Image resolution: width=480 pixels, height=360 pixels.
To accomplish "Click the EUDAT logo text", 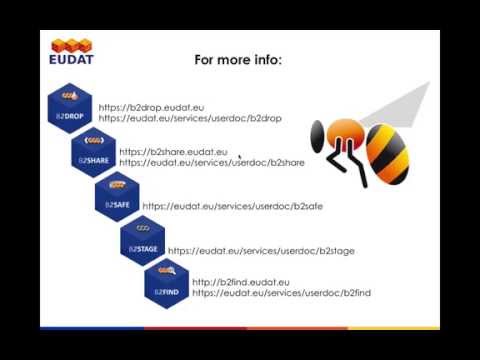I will pos(71,58).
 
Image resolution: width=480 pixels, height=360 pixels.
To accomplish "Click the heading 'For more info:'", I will pos(238,60).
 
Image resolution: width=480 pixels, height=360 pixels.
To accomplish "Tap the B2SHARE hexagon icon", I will pos(94,150).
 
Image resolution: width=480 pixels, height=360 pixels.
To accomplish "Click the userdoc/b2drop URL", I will pos(190,118).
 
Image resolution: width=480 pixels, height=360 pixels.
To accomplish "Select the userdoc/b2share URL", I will pos(211,162).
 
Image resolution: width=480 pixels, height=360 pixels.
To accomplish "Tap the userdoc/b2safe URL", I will pos(232,206).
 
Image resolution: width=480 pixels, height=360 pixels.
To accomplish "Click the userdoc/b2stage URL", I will pos(261,250).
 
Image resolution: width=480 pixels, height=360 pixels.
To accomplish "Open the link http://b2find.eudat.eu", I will pos(240,282).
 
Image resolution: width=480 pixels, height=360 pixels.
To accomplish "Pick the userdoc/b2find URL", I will pos(281,293).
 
